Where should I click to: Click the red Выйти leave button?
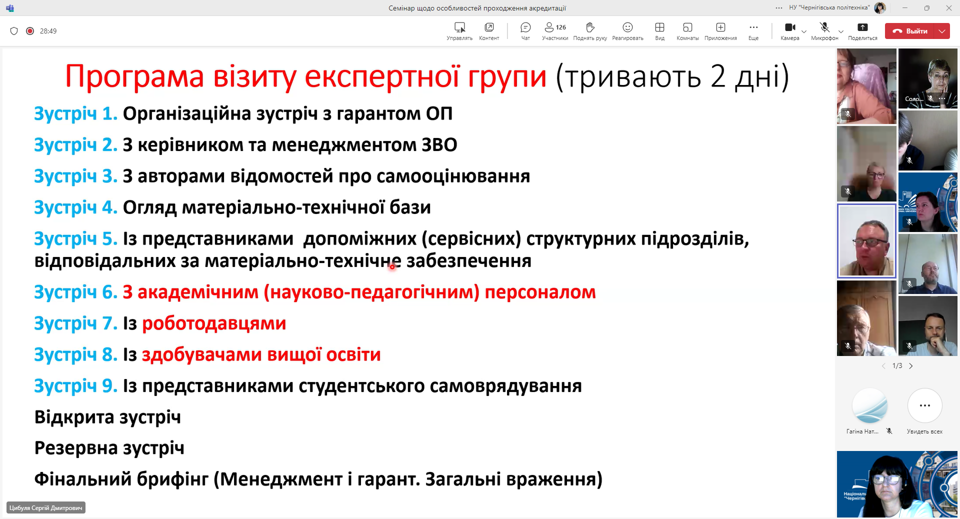tap(909, 31)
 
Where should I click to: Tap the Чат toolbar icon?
tap(525, 27)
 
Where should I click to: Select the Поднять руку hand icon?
tap(590, 27)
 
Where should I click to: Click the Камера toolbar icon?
tap(790, 27)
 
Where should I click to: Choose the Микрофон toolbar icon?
tap(824, 27)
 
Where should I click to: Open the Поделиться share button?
tap(862, 27)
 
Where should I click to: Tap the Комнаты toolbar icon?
tap(687, 27)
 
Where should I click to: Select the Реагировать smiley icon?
tap(627, 27)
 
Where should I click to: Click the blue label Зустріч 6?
tap(75, 292)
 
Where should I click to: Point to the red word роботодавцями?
tap(214, 323)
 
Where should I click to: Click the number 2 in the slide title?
tap(718, 77)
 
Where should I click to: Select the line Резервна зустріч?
tap(109, 448)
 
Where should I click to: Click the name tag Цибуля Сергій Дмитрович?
tap(46, 507)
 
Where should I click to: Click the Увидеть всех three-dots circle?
tap(924, 405)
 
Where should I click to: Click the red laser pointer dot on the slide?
tap(392, 266)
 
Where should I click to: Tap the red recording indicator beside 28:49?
tap(30, 31)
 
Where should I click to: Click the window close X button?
tap(948, 8)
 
